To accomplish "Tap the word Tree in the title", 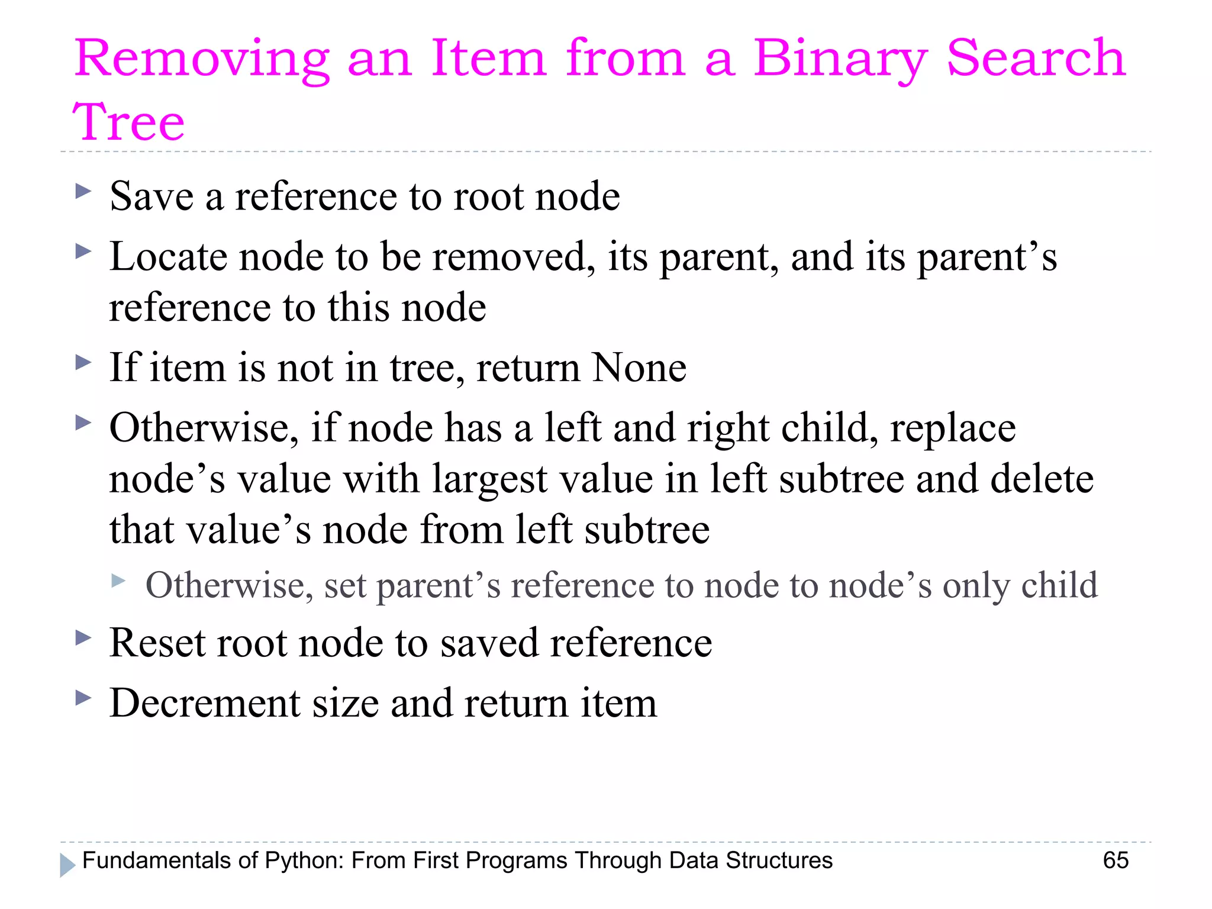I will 129,122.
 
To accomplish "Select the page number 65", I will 1116,860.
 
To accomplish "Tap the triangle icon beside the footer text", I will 67,865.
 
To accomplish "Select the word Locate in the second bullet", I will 168,257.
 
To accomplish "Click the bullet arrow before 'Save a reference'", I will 83,191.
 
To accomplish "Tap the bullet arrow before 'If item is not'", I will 83,362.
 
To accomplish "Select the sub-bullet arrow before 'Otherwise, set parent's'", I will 119,581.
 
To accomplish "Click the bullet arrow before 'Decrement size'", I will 83,698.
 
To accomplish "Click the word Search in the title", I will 1036,59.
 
